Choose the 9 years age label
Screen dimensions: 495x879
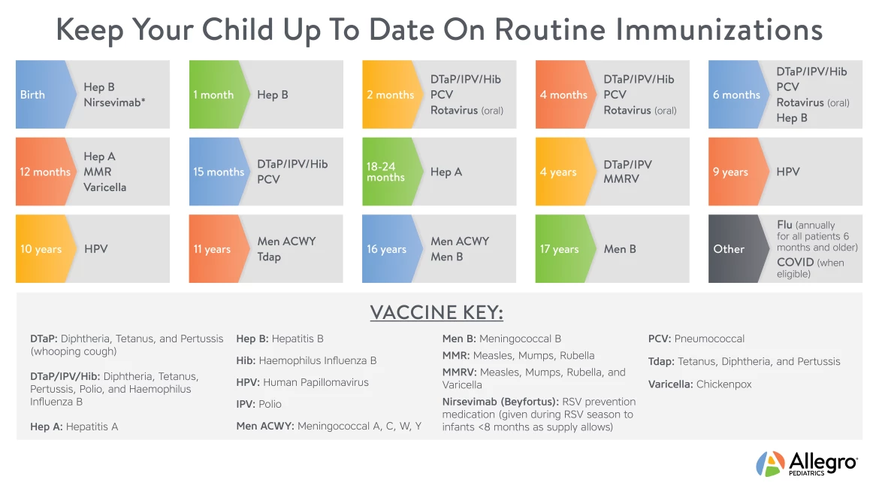pyautogui.click(x=730, y=172)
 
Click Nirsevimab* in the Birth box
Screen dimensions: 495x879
pyautogui.click(x=114, y=102)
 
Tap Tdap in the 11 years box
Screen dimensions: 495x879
pyautogui.click(x=269, y=257)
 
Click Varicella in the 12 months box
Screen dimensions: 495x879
pyautogui.click(x=104, y=187)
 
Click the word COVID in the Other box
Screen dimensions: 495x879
pyautogui.click(x=796, y=263)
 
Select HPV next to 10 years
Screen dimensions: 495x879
pyautogui.click(x=95, y=249)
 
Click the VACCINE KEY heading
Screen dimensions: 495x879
pyautogui.click(x=436, y=313)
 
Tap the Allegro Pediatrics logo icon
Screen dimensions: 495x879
pyautogui.click(x=770, y=463)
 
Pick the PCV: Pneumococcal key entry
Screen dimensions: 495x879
pyautogui.click(x=696, y=339)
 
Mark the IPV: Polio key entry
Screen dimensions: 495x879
pyautogui.click(x=259, y=404)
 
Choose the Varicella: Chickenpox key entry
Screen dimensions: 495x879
pyautogui.click(x=699, y=384)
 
